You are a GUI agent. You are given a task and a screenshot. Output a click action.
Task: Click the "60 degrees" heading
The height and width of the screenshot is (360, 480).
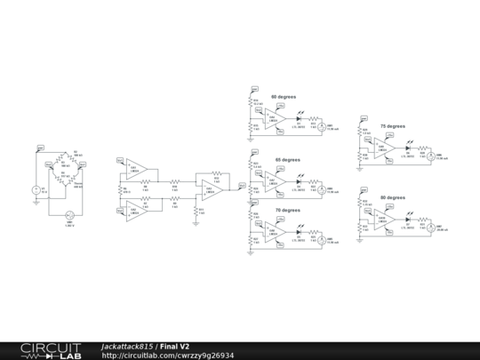tap(284, 95)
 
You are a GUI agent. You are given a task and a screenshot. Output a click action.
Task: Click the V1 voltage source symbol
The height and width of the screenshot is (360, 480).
tap(36, 190)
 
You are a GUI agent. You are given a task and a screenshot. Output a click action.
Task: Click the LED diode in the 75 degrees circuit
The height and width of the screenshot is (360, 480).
tap(408, 148)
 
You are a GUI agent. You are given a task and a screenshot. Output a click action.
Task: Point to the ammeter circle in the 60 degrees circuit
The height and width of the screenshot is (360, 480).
tap(324, 126)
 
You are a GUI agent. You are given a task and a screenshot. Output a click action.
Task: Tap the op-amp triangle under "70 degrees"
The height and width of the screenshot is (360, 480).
tap(274, 230)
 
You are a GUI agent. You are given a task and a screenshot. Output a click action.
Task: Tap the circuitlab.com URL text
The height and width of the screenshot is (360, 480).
tap(168, 355)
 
